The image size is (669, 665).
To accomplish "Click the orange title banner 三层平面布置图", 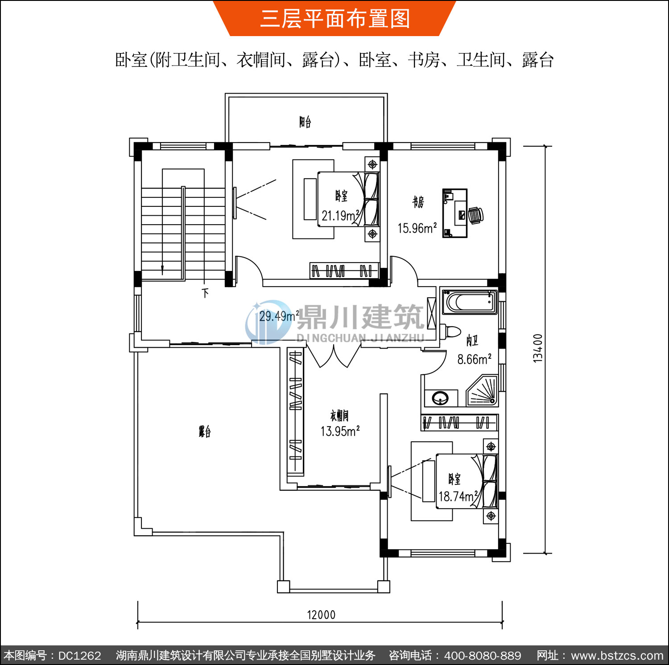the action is tap(335, 18).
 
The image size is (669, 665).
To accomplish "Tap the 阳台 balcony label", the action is tap(305, 122).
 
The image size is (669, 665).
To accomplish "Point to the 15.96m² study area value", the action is tap(417, 228).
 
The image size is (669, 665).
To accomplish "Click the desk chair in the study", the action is tap(476, 215).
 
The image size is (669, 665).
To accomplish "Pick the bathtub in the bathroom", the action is tap(469, 302).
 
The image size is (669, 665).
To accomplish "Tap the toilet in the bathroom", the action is tap(450, 332).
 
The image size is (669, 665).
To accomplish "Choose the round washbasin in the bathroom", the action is tap(441, 398).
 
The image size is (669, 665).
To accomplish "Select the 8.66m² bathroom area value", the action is tap(474, 359).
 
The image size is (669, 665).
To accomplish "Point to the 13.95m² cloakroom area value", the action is tap(340, 431).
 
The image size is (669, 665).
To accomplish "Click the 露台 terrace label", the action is tap(205, 431).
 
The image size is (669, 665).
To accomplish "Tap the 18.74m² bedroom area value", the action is tap(458, 496).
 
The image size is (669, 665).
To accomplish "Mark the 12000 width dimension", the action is tap(321, 615).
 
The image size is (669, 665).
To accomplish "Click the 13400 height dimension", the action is tap(538, 348).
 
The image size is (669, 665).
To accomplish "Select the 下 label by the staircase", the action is tap(205, 293).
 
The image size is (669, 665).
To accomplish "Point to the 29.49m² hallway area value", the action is tap(279, 316).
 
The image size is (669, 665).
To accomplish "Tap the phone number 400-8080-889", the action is tap(483, 656).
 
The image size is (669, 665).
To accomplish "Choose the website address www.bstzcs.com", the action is tap(617, 656).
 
